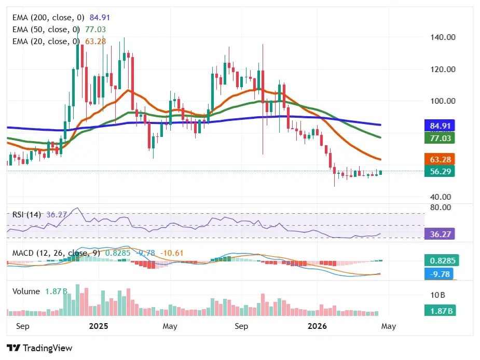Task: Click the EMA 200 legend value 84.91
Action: (100, 17)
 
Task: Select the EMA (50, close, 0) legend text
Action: (46, 29)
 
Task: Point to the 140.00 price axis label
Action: (443, 37)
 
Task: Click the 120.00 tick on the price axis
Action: (443, 69)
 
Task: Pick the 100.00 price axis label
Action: (443, 101)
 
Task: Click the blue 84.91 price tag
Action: (440, 126)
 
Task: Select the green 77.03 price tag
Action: (440, 138)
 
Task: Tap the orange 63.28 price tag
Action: (440, 159)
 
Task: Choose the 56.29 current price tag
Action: (440, 171)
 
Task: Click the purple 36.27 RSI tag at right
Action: (440, 234)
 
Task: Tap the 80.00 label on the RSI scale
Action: (441, 207)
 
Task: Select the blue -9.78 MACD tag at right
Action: (440, 273)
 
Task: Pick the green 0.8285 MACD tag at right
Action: (440, 260)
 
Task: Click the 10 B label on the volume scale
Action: (437, 295)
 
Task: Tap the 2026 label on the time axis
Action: (317, 326)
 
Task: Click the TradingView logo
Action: (40, 348)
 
